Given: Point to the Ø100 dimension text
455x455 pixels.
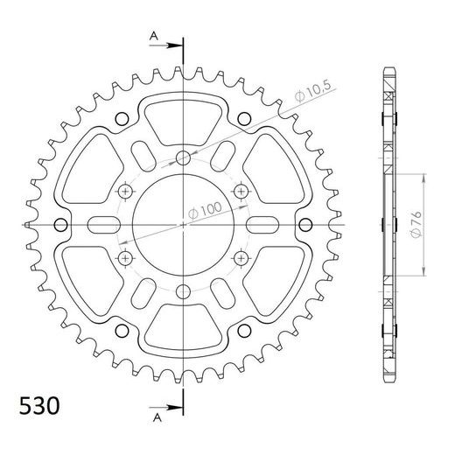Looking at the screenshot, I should (204, 208).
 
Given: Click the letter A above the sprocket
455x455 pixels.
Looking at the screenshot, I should (155, 36).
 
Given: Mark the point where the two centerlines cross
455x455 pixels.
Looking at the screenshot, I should (183, 225).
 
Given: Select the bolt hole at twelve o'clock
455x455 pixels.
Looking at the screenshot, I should (183, 158).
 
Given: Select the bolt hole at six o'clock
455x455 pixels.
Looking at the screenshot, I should (183, 291).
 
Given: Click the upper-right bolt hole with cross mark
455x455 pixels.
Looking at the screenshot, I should (241, 192).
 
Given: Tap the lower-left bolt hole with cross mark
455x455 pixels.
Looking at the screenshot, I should (125, 258).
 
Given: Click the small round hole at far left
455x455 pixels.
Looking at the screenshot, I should (59, 225).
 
